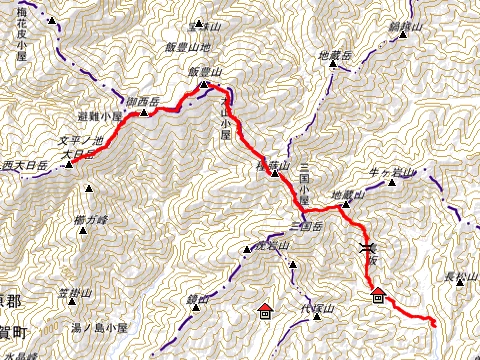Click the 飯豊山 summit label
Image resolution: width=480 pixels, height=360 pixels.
point(204,72)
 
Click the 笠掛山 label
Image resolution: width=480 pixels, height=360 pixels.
point(75,293)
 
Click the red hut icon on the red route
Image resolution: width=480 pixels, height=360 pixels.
point(378,294)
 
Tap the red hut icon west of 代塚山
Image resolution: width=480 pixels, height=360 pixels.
point(264,310)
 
